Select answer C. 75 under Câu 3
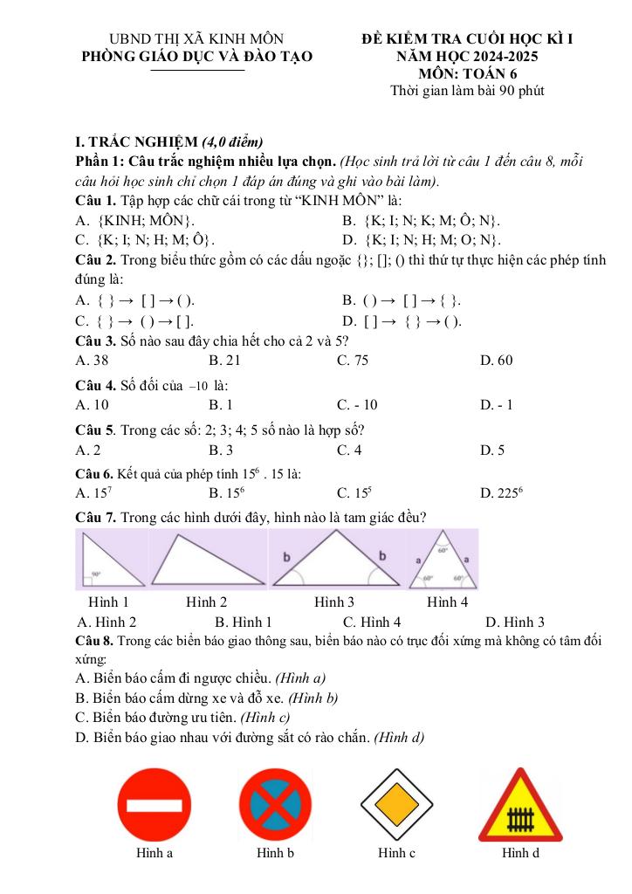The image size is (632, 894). (x=353, y=360)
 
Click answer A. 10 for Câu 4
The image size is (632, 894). (x=93, y=404)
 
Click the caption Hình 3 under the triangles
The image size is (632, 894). (x=334, y=602)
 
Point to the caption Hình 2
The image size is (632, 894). (x=206, y=602)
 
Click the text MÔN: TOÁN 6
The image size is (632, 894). (x=468, y=74)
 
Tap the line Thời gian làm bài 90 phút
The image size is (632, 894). (x=468, y=91)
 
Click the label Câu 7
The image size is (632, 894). (x=95, y=518)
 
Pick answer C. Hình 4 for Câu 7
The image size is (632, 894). (x=372, y=622)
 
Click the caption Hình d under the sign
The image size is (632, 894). (x=520, y=853)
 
